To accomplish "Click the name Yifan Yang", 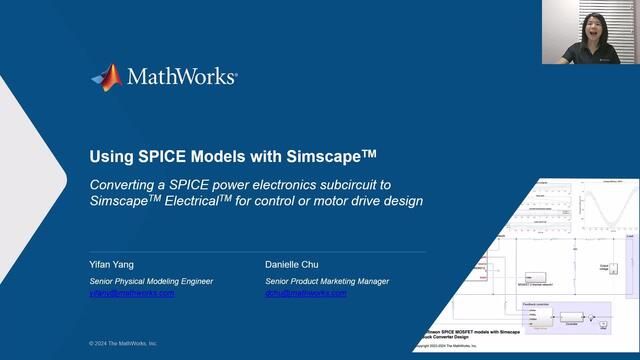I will [x=111, y=265].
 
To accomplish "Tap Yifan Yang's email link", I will [x=131, y=294].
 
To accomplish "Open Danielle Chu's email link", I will [x=305, y=294].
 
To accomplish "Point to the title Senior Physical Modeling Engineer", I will [x=152, y=281].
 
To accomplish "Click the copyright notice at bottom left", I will [x=123, y=343].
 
